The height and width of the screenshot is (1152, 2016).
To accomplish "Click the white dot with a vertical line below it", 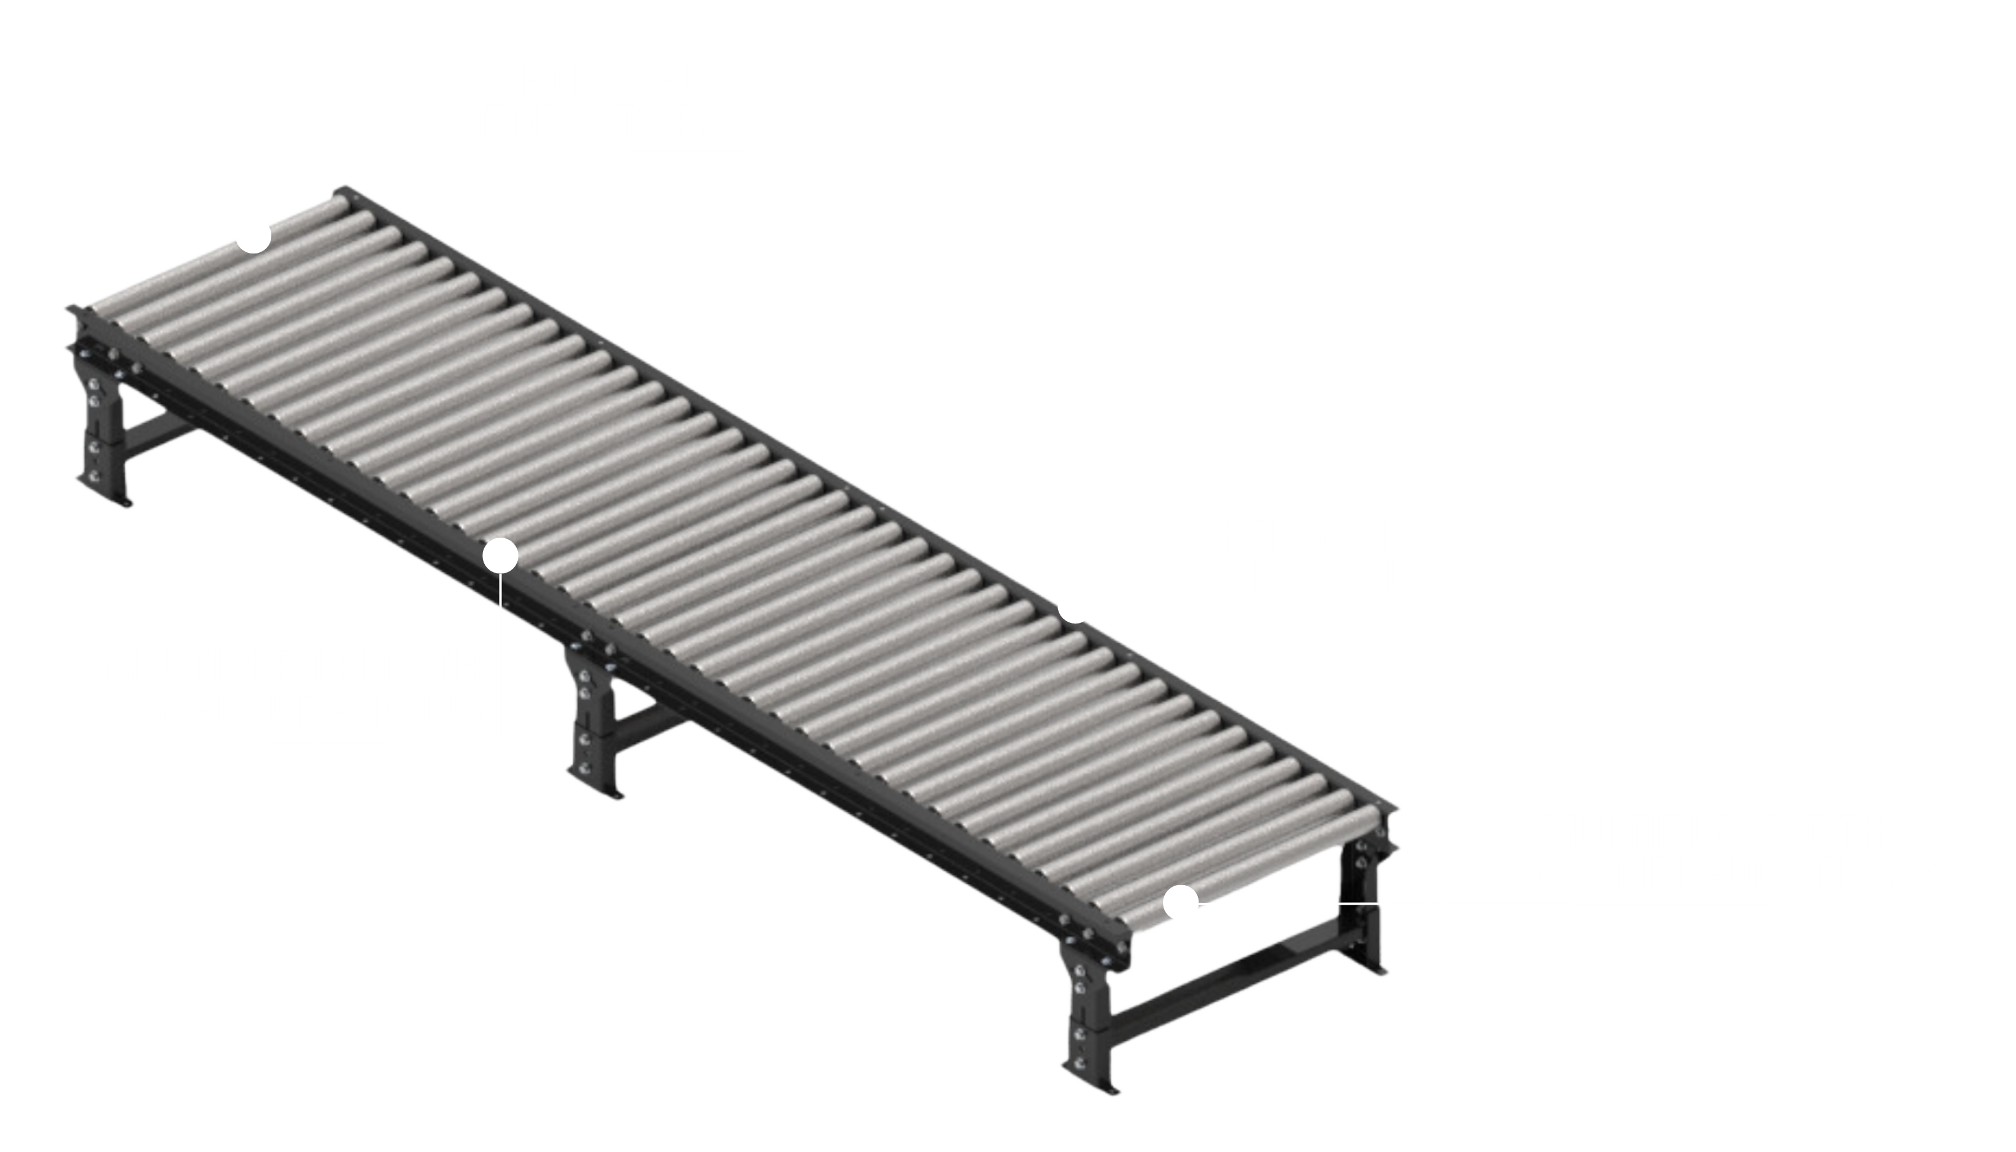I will pos(500,555).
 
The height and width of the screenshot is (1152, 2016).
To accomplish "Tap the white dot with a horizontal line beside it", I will pos(1181,902).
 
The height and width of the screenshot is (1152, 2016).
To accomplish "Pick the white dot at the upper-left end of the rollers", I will pos(255,238).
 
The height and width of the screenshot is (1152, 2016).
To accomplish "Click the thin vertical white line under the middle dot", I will pos(501,589).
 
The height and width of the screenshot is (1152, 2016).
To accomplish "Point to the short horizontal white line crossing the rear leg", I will pos(1359,902).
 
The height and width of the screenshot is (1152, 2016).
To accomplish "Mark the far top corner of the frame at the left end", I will pos(343,191).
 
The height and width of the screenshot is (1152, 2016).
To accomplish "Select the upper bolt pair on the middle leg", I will pos(584,685).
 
